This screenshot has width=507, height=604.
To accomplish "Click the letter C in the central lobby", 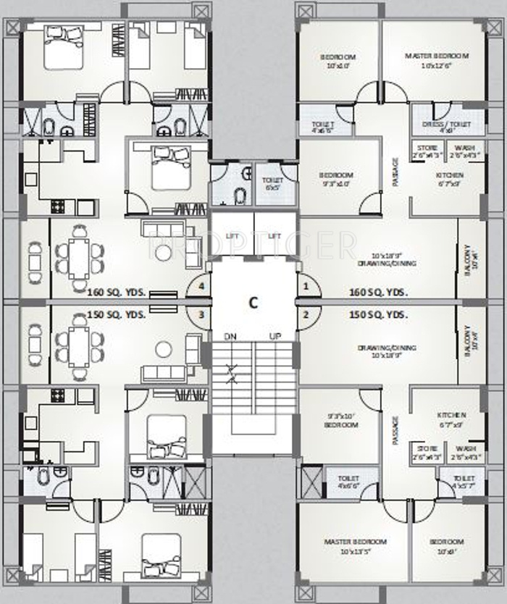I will click(x=253, y=303).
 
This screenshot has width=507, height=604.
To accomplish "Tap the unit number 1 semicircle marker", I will click(x=306, y=287).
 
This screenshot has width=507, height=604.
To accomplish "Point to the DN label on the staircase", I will click(x=231, y=336).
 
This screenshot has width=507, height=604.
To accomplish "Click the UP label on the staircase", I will click(x=275, y=336).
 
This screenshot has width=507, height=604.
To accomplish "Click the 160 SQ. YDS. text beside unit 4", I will click(x=117, y=293).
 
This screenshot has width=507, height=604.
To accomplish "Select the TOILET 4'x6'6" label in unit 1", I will click(x=322, y=127).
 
